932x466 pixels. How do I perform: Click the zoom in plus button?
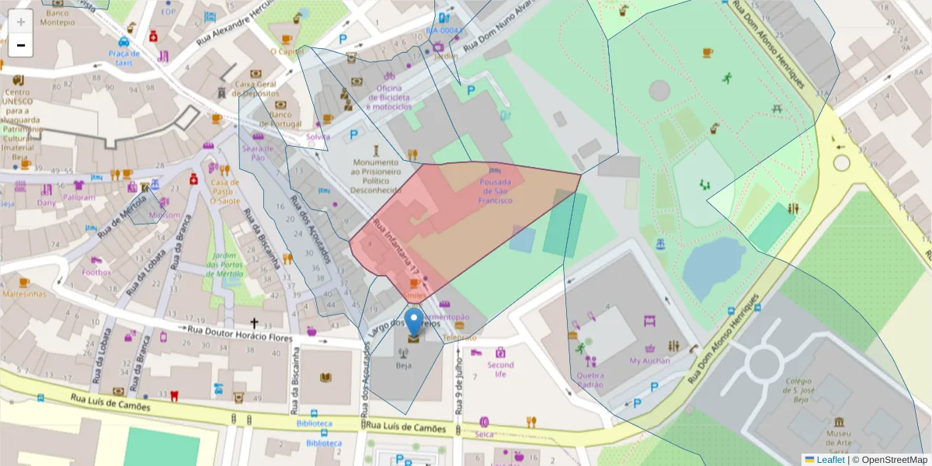[x=21, y=22]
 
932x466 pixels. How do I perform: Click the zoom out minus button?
[x=21, y=45]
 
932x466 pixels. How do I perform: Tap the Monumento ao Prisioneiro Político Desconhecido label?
[x=377, y=176]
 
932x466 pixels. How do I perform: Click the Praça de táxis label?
[x=124, y=57]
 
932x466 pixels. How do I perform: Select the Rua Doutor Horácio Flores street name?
[x=239, y=334]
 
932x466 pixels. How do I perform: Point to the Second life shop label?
[x=500, y=369]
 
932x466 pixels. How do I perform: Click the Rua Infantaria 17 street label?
[x=396, y=247]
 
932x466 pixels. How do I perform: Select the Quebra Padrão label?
[x=590, y=379]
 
